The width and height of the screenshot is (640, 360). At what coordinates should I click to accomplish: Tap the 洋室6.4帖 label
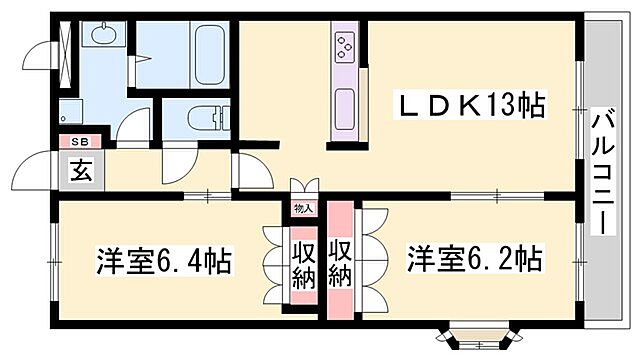(164, 263)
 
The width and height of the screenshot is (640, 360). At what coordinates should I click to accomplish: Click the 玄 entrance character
(80, 170)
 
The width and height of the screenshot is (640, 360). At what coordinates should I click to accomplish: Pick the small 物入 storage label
(303, 208)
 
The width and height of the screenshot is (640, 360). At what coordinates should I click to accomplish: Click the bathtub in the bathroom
(208, 55)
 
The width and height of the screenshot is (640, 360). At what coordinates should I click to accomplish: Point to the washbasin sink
(103, 37)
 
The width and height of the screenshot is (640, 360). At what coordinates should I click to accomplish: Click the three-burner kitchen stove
(345, 46)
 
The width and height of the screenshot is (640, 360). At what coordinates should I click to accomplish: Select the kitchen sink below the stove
(345, 102)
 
